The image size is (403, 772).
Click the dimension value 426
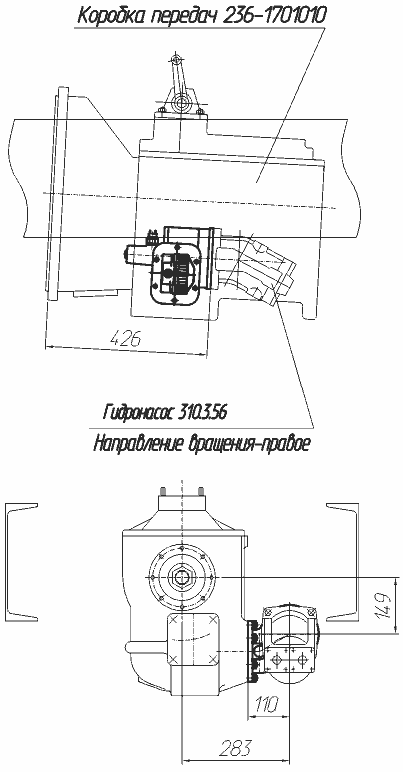pyautogui.click(x=127, y=338)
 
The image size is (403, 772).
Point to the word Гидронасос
pyautogui.click(x=137, y=411)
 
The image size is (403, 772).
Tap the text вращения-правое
pyautogui.click(x=246, y=442)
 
